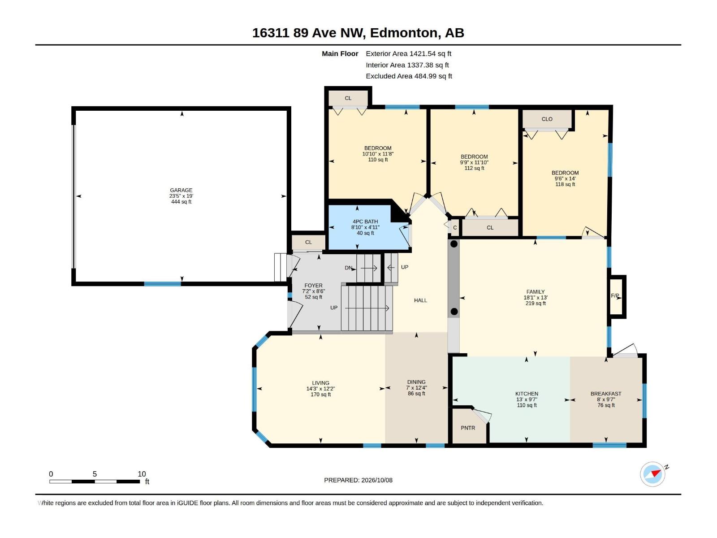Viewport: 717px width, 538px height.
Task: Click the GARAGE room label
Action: point(181,190)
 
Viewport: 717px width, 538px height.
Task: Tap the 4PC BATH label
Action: point(365,221)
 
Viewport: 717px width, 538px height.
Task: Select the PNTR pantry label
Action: point(468,428)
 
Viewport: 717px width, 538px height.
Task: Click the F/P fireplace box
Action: point(617,296)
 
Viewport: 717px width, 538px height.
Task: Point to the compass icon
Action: point(652,474)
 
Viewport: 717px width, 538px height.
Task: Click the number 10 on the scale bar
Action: point(142,474)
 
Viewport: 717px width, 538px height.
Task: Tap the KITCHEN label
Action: point(527,394)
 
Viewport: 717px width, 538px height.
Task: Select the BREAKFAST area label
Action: point(606,394)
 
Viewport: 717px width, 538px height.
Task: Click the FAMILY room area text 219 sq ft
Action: point(536,303)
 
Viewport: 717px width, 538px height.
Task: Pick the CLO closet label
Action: point(547,119)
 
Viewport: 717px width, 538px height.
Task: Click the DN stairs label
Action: point(348,268)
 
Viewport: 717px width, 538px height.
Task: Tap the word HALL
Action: point(420,300)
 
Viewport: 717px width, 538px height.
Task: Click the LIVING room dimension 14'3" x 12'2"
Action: point(320,389)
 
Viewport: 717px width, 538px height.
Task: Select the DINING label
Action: point(416,382)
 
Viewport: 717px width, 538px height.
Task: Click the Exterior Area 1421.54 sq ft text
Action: point(408,53)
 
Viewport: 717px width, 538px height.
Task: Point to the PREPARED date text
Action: point(358,480)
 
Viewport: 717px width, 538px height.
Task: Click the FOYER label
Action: point(313,286)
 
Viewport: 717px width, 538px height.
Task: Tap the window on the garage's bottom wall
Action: point(162,284)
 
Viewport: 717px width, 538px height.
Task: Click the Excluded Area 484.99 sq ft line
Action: point(409,76)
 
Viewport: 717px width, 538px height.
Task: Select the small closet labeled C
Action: point(455,227)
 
